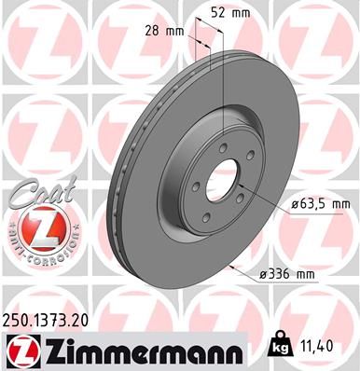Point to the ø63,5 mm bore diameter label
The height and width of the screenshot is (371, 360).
point(312,201)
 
